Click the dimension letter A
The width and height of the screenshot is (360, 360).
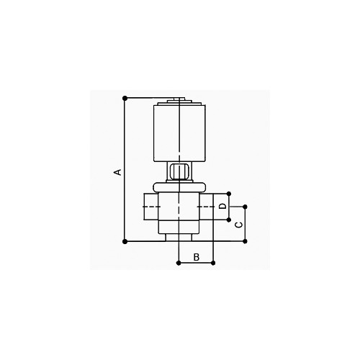(117, 172)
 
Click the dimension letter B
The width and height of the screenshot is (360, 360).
(197, 257)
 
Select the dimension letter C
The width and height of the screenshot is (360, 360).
(238, 225)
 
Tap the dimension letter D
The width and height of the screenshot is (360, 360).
(223, 206)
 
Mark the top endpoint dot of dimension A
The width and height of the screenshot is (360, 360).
(125, 98)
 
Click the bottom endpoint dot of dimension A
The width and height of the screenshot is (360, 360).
(125, 241)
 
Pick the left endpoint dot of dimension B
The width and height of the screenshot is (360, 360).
(179, 263)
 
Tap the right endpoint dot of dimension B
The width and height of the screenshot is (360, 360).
(213, 263)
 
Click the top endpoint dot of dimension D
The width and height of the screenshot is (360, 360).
(229, 194)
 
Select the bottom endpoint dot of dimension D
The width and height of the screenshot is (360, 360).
(229, 220)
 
